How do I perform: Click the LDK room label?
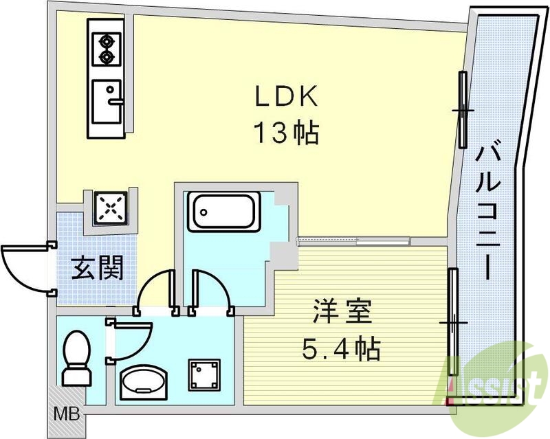[x=287, y=98]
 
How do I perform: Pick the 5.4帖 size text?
[x=342, y=350]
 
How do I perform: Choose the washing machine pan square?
[x=204, y=375]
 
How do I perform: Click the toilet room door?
[x=131, y=338]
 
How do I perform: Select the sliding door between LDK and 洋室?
[x=353, y=240]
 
